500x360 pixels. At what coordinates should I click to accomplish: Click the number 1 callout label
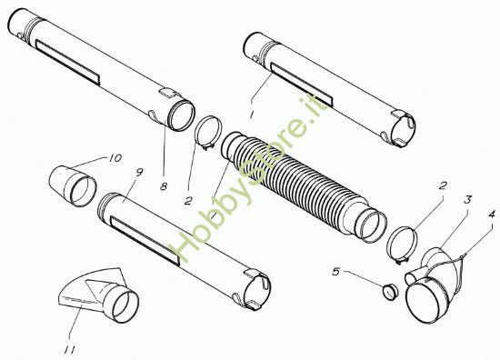252,113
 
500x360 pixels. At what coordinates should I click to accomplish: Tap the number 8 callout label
164,186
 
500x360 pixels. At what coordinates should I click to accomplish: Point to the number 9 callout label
139,173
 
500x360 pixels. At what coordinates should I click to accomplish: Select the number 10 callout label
115,158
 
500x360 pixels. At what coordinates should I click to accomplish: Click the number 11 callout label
69,350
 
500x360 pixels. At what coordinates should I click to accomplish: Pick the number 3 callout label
467,200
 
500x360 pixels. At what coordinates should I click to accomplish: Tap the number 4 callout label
492,214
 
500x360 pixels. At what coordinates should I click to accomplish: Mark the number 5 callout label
336,272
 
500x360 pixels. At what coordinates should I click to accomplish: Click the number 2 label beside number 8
188,201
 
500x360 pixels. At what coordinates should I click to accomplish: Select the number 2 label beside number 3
443,185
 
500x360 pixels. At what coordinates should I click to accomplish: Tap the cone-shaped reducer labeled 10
73,185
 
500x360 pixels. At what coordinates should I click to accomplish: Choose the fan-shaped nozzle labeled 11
98,295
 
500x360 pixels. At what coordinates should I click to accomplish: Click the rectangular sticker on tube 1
301,85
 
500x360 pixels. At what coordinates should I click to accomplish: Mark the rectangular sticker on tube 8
68,62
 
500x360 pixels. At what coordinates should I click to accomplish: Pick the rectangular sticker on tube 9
145,240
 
